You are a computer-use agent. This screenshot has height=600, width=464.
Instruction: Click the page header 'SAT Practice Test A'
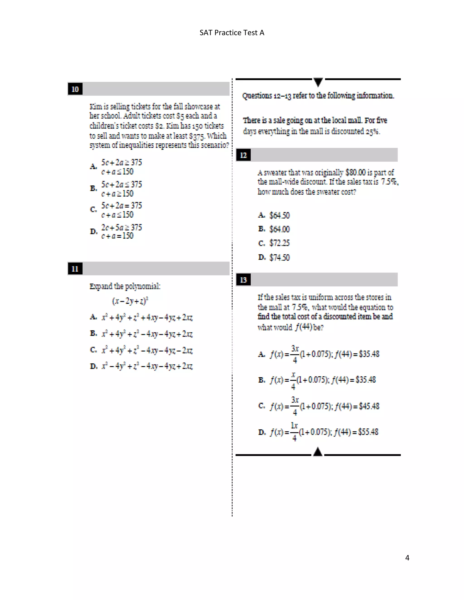232,33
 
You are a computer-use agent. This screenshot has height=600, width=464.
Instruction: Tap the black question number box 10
75,89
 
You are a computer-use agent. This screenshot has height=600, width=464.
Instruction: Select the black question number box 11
75,269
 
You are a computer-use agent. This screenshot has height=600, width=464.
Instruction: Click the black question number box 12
243,155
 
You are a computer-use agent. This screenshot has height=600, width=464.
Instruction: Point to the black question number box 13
243,280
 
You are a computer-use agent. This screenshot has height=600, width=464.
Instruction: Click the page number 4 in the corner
407,558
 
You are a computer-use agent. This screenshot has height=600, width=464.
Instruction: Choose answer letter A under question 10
94,166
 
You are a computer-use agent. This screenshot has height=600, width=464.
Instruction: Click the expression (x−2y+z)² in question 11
130,301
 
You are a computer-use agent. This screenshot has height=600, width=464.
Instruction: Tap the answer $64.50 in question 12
279,215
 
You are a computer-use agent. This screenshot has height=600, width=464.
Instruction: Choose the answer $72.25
279,243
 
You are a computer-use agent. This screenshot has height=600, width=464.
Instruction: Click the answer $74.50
279,257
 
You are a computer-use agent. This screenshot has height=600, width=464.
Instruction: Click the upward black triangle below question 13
318,452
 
